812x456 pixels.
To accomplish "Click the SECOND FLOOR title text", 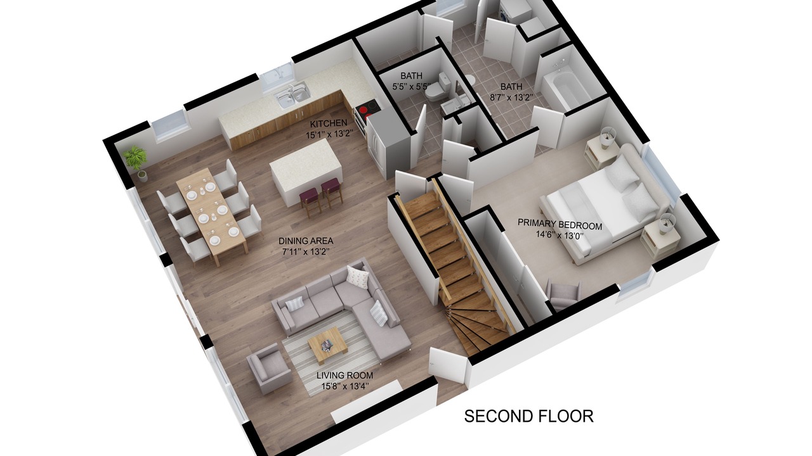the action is pyautogui.click(x=529, y=417).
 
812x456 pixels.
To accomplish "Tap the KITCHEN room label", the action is pyautogui.click(x=329, y=123).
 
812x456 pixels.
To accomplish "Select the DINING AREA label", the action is pyautogui.click(x=306, y=241).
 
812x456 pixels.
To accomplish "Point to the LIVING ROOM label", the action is pyautogui.click(x=344, y=376).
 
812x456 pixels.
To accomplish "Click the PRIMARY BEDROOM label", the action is pyautogui.click(x=560, y=224).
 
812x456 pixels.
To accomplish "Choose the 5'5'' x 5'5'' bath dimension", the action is pyautogui.click(x=412, y=87).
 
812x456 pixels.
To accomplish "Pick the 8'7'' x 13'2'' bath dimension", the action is pyautogui.click(x=511, y=98).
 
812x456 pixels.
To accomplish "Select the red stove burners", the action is pyautogui.click(x=367, y=110).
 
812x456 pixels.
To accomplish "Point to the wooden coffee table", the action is pyautogui.click(x=328, y=346).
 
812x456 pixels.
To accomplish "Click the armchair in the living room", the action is pyautogui.click(x=269, y=369).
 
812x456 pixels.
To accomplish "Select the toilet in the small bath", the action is pyautogui.click(x=437, y=88).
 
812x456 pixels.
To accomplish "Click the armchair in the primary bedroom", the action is pyautogui.click(x=563, y=294).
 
